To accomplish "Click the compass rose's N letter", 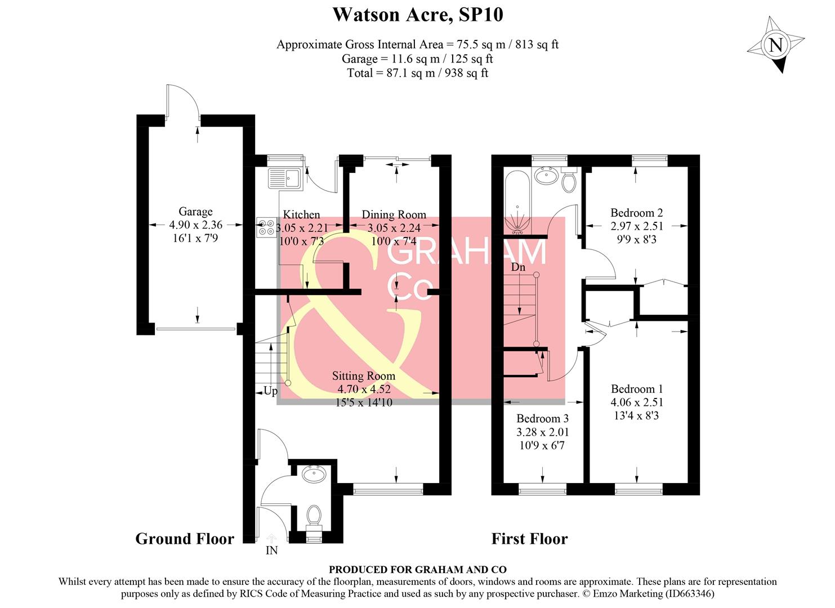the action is tap(776, 44).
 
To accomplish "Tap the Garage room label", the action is tap(195, 212).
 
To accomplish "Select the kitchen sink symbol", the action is tap(285, 178).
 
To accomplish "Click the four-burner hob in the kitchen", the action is tap(266, 227).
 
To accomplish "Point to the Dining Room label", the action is tap(394, 214).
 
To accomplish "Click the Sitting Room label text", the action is tap(363, 376).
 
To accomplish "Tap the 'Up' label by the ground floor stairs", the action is tap(271, 391).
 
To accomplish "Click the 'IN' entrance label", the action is tap(271, 551).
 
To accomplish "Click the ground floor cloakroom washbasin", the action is tap(313, 475).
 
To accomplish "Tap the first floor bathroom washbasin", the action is tap(546, 176).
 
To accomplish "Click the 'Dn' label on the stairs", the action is tap(518, 267).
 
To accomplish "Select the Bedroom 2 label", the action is tap(636, 213).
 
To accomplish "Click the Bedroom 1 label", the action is tap(637, 389).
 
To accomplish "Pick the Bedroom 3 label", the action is tap(542, 419).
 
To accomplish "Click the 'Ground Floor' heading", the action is tap(185, 539).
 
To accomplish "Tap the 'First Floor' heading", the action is tap(529, 539).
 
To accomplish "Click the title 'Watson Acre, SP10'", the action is tap(417, 14).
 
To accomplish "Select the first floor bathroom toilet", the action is tap(568, 180).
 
